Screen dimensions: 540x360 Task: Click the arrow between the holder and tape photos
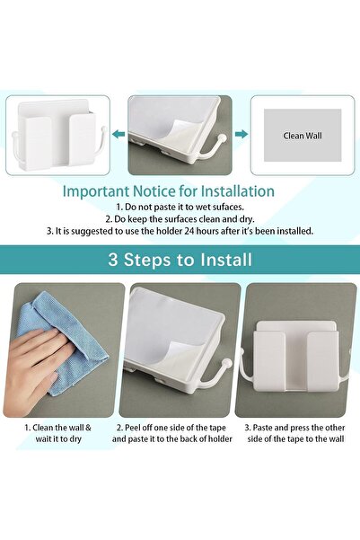pyautogui.click(x=117, y=134)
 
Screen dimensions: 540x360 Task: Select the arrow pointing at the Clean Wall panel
pyautogui.click(x=240, y=134)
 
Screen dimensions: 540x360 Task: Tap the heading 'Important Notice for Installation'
pyautogui.click(x=168, y=190)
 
